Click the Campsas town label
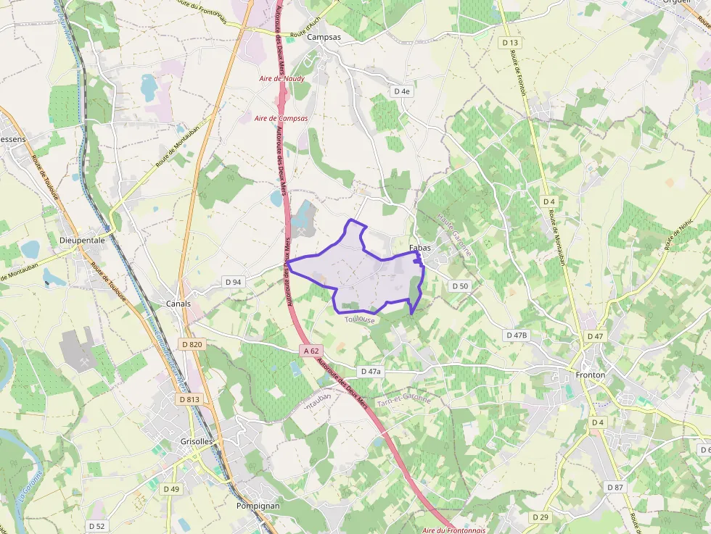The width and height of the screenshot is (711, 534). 324,37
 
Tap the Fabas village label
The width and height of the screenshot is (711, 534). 420,248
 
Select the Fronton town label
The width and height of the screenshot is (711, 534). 590,375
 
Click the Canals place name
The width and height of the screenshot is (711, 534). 178,304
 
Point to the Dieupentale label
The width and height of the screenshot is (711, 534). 82,240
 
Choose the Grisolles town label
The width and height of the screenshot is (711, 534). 197,441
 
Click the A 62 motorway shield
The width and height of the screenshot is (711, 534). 311,351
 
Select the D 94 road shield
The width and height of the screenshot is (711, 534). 233,281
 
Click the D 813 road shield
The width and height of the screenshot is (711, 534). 189,399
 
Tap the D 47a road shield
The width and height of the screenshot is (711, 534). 370,371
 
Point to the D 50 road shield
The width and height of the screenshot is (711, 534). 460,286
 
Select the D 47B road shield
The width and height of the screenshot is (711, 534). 517,335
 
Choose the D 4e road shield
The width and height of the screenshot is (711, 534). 402,91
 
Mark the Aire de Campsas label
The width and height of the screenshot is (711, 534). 281,118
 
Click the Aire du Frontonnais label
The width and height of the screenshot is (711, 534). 453,530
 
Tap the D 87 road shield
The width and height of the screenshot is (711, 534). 615,487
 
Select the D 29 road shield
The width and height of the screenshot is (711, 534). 540,517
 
